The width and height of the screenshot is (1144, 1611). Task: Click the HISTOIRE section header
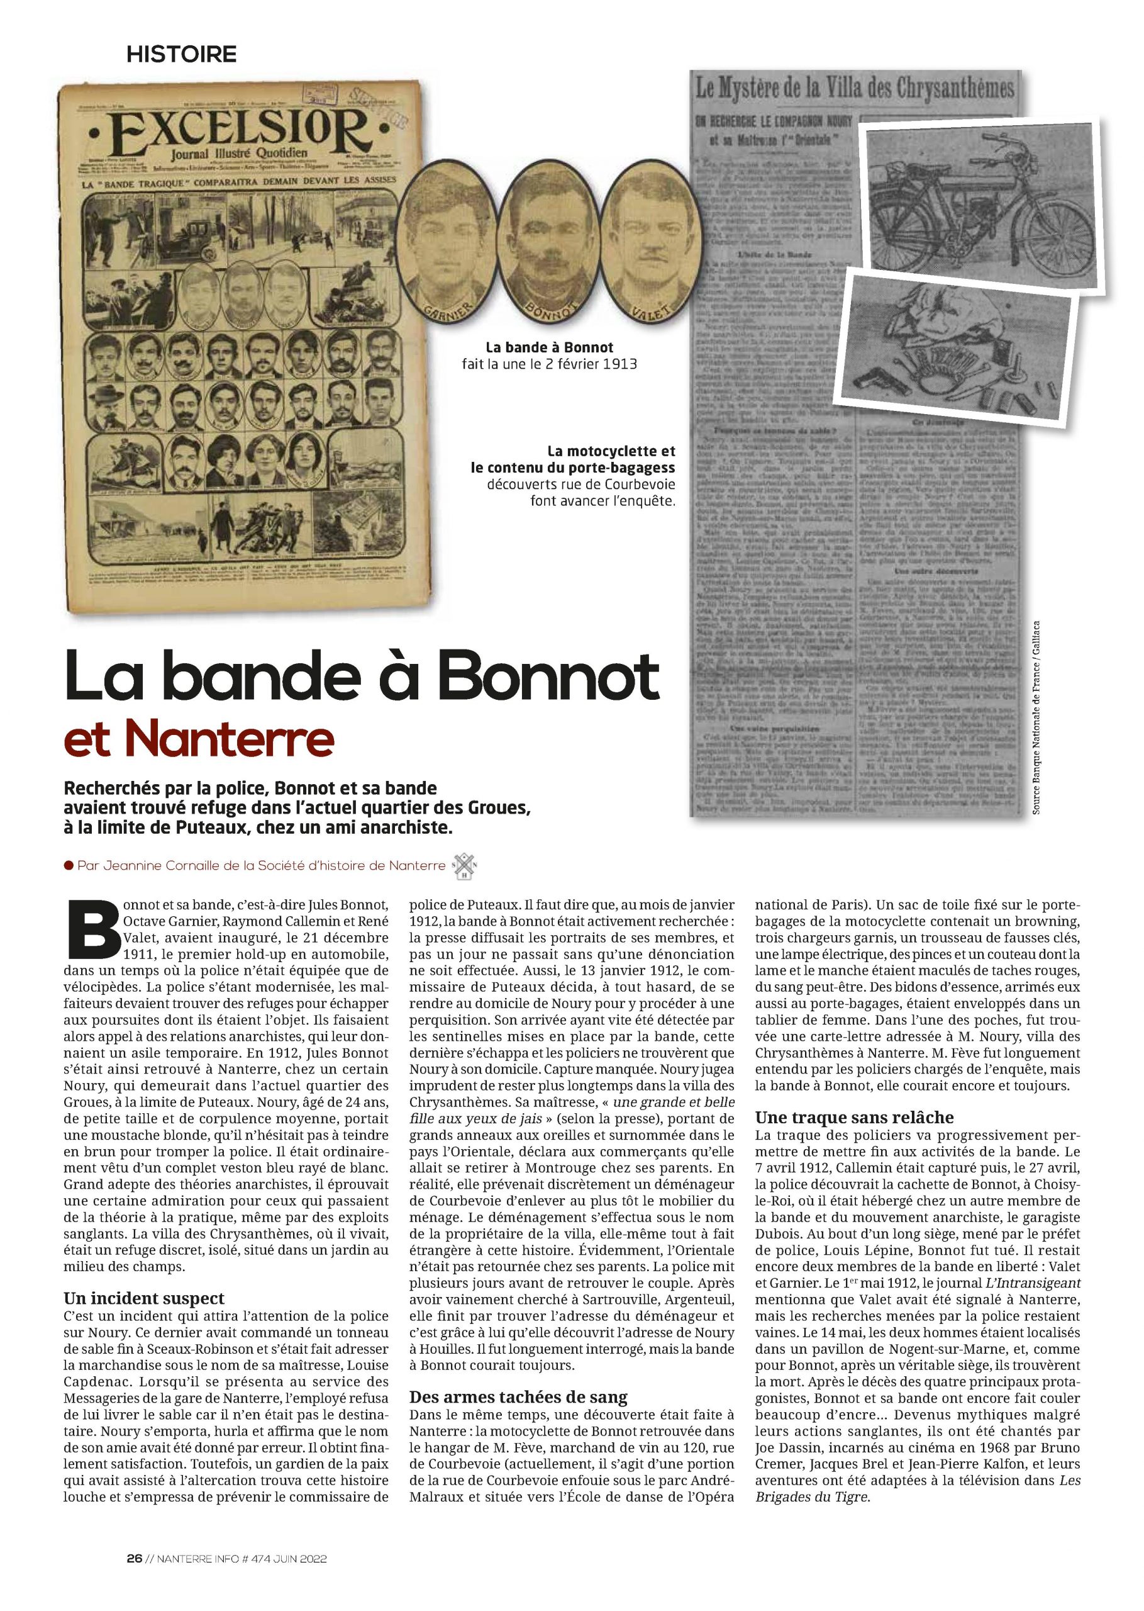pos(181,53)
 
